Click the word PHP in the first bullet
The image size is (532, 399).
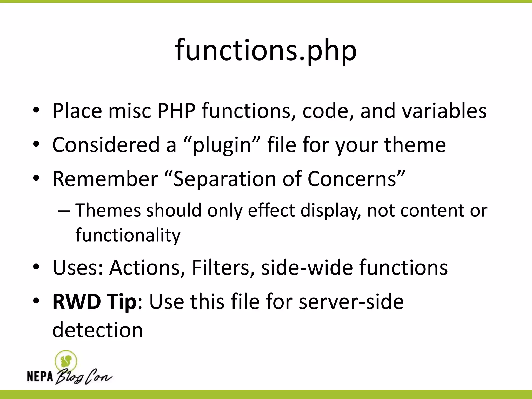point(176,111)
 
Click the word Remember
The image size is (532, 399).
point(105,179)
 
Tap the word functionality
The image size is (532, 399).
point(128,235)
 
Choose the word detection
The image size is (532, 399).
point(98,330)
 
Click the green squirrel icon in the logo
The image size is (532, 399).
point(66,361)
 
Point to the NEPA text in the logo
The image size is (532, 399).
point(40,376)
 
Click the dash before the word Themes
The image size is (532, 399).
point(64,211)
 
